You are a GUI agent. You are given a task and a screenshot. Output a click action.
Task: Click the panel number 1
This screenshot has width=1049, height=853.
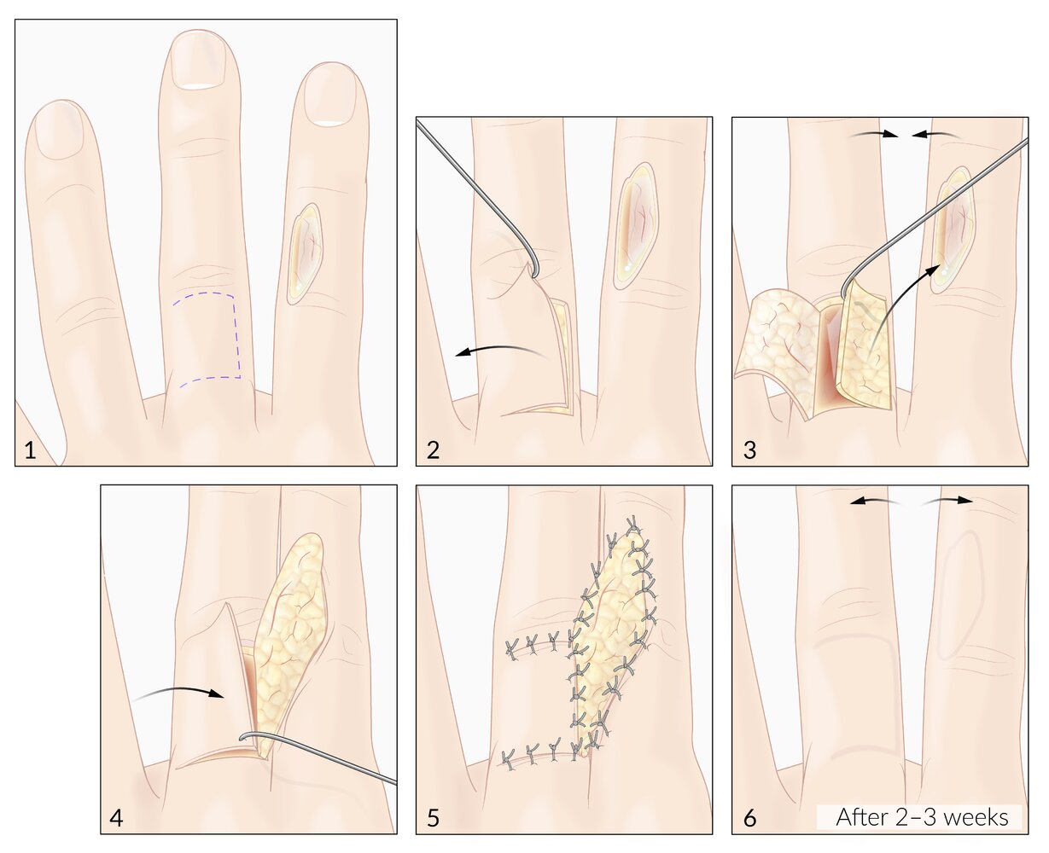point(30,450)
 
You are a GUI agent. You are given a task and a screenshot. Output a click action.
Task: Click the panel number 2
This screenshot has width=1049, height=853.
point(433,450)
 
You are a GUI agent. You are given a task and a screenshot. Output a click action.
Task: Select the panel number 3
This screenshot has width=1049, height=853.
point(749,450)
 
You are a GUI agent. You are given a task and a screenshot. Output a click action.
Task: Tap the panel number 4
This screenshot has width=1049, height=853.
point(116,818)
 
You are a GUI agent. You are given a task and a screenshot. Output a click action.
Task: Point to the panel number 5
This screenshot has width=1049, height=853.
point(433,818)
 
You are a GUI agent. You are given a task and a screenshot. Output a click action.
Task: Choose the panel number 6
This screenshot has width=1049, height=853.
point(749,818)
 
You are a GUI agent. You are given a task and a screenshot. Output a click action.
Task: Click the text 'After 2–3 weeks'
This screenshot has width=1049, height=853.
point(922,817)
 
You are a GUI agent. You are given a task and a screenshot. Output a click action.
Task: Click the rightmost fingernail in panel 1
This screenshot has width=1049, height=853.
point(329,96)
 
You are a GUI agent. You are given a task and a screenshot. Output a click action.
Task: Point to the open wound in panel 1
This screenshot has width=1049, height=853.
point(305,253)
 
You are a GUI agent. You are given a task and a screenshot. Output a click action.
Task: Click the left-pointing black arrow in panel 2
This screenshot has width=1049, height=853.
point(500,349)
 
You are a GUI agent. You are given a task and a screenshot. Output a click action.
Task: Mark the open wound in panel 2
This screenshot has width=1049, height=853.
point(635,226)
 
